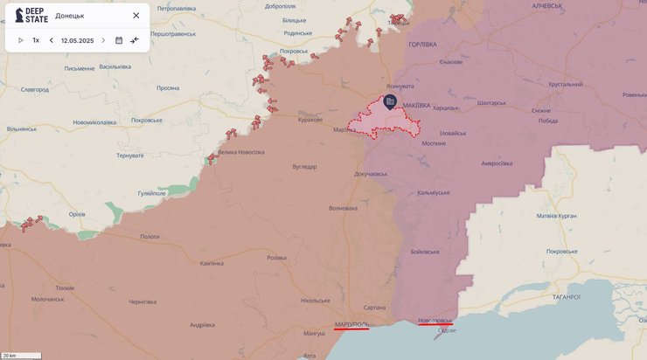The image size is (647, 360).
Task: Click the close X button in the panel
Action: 136,16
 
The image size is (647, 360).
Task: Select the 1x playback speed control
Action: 36,40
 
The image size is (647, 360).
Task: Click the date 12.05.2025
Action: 77,40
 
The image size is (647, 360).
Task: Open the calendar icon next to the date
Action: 119,40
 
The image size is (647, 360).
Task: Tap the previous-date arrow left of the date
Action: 51,40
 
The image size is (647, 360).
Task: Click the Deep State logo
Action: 31,16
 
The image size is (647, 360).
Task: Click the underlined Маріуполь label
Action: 351,324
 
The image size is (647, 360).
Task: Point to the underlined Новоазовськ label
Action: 435,321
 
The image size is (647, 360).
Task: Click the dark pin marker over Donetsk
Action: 390,102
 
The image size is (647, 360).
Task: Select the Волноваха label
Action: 343,208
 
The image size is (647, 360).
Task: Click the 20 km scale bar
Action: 21,356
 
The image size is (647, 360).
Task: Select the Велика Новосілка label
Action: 240,152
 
